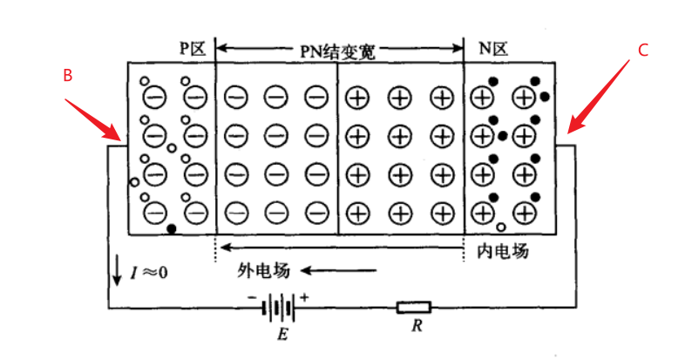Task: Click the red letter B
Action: (x=67, y=76)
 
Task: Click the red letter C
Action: (x=642, y=51)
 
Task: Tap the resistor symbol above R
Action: (x=413, y=307)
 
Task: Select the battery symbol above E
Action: (x=279, y=307)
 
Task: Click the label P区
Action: (x=192, y=49)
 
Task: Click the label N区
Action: (x=493, y=49)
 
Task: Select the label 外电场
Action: (x=262, y=270)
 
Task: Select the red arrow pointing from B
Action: (x=94, y=119)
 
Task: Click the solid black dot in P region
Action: (x=171, y=229)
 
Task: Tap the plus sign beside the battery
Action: (x=305, y=296)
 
